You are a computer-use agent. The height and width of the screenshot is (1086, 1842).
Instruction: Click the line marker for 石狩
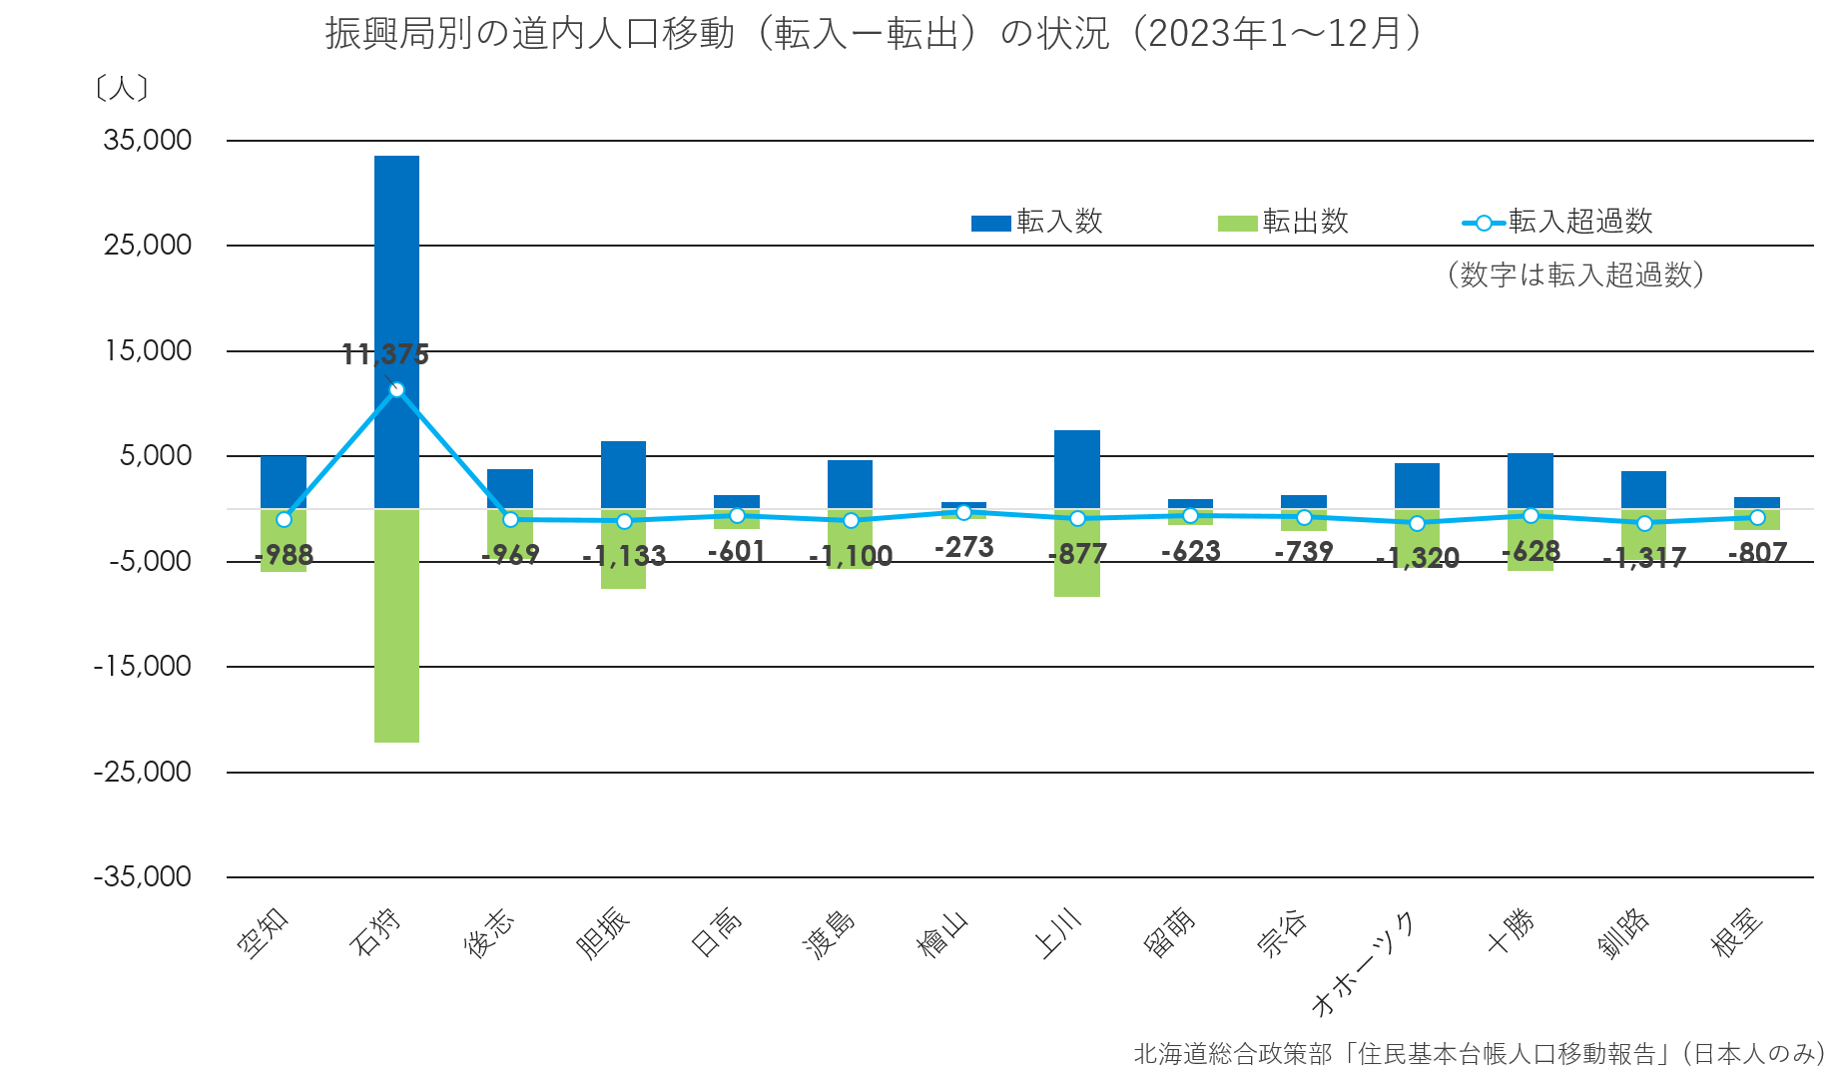[x=396, y=389]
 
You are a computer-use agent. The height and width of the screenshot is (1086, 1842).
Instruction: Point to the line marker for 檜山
[x=963, y=512]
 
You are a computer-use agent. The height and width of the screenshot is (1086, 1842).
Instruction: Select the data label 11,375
[x=385, y=354]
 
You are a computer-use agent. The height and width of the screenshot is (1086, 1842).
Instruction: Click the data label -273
[x=963, y=547]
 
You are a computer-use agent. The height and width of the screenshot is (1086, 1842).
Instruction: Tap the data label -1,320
[x=1417, y=558]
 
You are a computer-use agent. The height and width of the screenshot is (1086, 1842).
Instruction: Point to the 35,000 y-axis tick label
[x=148, y=140]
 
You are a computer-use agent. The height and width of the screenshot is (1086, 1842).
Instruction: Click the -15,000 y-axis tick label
[x=143, y=666]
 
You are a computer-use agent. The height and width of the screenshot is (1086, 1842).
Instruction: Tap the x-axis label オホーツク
[x=1363, y=964]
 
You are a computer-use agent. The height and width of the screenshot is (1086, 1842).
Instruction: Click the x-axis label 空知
[x=264, y=934]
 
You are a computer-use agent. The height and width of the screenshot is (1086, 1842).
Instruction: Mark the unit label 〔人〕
[x=121, y=89]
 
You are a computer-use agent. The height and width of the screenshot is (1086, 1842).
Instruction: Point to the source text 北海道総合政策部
[x=1232, y=1054]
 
